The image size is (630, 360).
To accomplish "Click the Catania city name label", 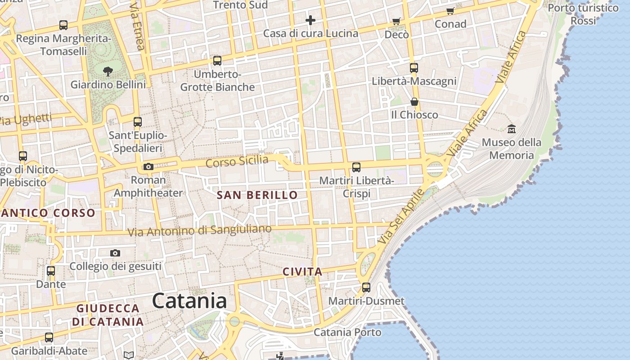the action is (x=189, y=301).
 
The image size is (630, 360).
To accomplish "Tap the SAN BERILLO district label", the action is (x=257, y=195).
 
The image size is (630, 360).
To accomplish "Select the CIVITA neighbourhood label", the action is (x=302, y=272).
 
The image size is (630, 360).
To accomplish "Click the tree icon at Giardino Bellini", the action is (x=108, y=71).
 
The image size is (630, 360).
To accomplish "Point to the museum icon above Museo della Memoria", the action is (x=511, y=129).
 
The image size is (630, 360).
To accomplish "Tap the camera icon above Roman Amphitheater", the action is (x=148, y=167).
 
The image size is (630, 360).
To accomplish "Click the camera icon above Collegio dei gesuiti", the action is (x=115, y=253).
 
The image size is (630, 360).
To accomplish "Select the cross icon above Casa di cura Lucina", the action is (x=310, y=20).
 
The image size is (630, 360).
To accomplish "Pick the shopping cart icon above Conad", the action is (x=450, y=11).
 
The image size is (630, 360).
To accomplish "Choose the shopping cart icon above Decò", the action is (x=396, y=21).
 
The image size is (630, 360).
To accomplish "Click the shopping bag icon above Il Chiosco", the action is (x=414, y=102).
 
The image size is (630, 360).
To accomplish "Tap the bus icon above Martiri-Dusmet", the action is (x=366, y=287).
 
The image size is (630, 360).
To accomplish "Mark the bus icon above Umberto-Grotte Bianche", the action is (x=217, y=60).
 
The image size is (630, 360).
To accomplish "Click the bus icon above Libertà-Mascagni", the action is (x=414, y=68).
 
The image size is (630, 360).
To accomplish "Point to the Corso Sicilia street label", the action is (x=237, y=161).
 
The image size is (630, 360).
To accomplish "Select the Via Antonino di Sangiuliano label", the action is (x=199, y=230).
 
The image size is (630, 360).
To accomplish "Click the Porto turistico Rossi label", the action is (x=583, y=14).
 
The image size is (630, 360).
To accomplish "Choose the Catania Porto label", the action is (x=347, y=333).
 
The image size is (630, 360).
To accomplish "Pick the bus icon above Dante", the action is (x=51, y=271).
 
